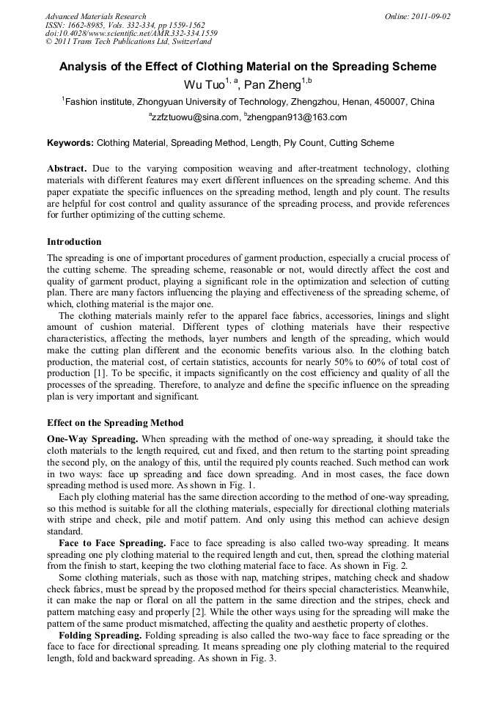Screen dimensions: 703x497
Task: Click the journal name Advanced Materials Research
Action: tap(95, 15)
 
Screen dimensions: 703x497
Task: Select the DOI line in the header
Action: tap(130, 33)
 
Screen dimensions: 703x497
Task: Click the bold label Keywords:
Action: tap(70, 143)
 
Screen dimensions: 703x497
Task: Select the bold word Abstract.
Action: tap(67, 169)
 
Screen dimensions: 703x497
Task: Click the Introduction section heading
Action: tap(74, 241)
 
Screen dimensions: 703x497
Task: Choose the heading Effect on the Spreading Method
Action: tap(115, 423)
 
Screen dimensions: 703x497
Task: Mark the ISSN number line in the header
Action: tap(117, 24)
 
